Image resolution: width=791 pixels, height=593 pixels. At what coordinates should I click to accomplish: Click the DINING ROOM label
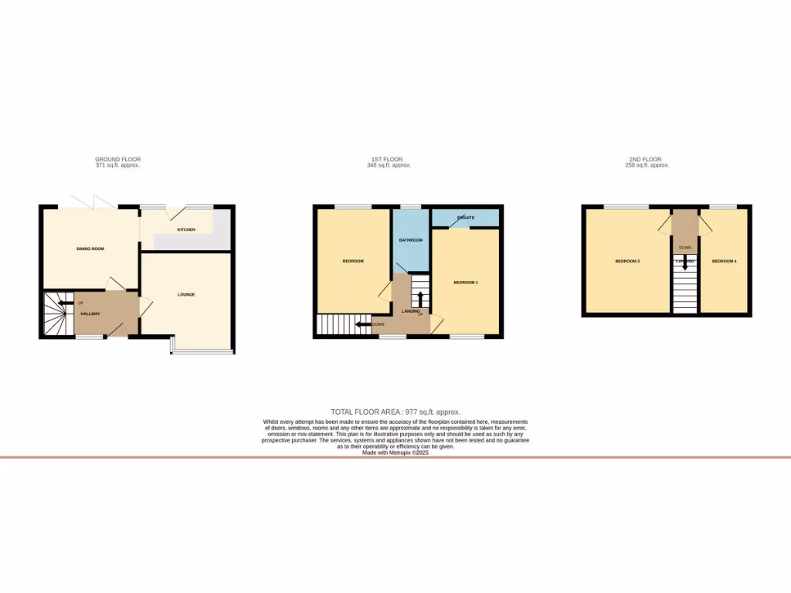[x=90, y=249]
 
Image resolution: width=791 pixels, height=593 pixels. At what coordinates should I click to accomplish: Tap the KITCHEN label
[x=186, y=230]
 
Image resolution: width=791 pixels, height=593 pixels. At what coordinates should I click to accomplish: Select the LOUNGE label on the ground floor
[x=186, y=294]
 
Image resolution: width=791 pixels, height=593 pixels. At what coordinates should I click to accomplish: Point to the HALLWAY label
[x=91, y=313]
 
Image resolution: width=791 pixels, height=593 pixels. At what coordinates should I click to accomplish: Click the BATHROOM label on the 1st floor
[x=410, y=240]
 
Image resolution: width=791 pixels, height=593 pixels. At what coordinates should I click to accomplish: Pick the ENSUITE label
[x=466, y=218]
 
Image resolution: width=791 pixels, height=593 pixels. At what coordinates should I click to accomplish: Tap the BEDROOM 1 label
[x=466, y=283]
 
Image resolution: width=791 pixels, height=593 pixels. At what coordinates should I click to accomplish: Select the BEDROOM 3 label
[x=627, y=261]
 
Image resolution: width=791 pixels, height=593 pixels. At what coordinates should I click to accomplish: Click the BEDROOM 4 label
[x=724, y=261]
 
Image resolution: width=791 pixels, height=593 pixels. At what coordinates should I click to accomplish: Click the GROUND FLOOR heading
[x=117, y=159]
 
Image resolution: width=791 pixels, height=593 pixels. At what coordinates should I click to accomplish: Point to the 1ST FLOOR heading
[x=389, y=159]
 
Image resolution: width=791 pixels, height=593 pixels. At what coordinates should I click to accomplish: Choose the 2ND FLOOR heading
[x=647, y=159]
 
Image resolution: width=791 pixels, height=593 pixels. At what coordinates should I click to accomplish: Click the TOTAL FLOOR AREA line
[x=395, y=412]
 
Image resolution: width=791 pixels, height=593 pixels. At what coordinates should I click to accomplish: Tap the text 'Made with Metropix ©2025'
[x=395, y=452]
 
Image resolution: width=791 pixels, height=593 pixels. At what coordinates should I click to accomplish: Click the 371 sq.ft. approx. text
[x=117, y=165]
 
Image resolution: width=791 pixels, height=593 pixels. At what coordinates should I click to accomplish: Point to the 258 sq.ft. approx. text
[x=647, y=165]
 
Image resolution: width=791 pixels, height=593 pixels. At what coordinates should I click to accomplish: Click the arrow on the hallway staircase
[x=63, y=303]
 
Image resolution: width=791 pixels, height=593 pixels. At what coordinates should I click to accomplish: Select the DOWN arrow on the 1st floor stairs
[x=362, y=324]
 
